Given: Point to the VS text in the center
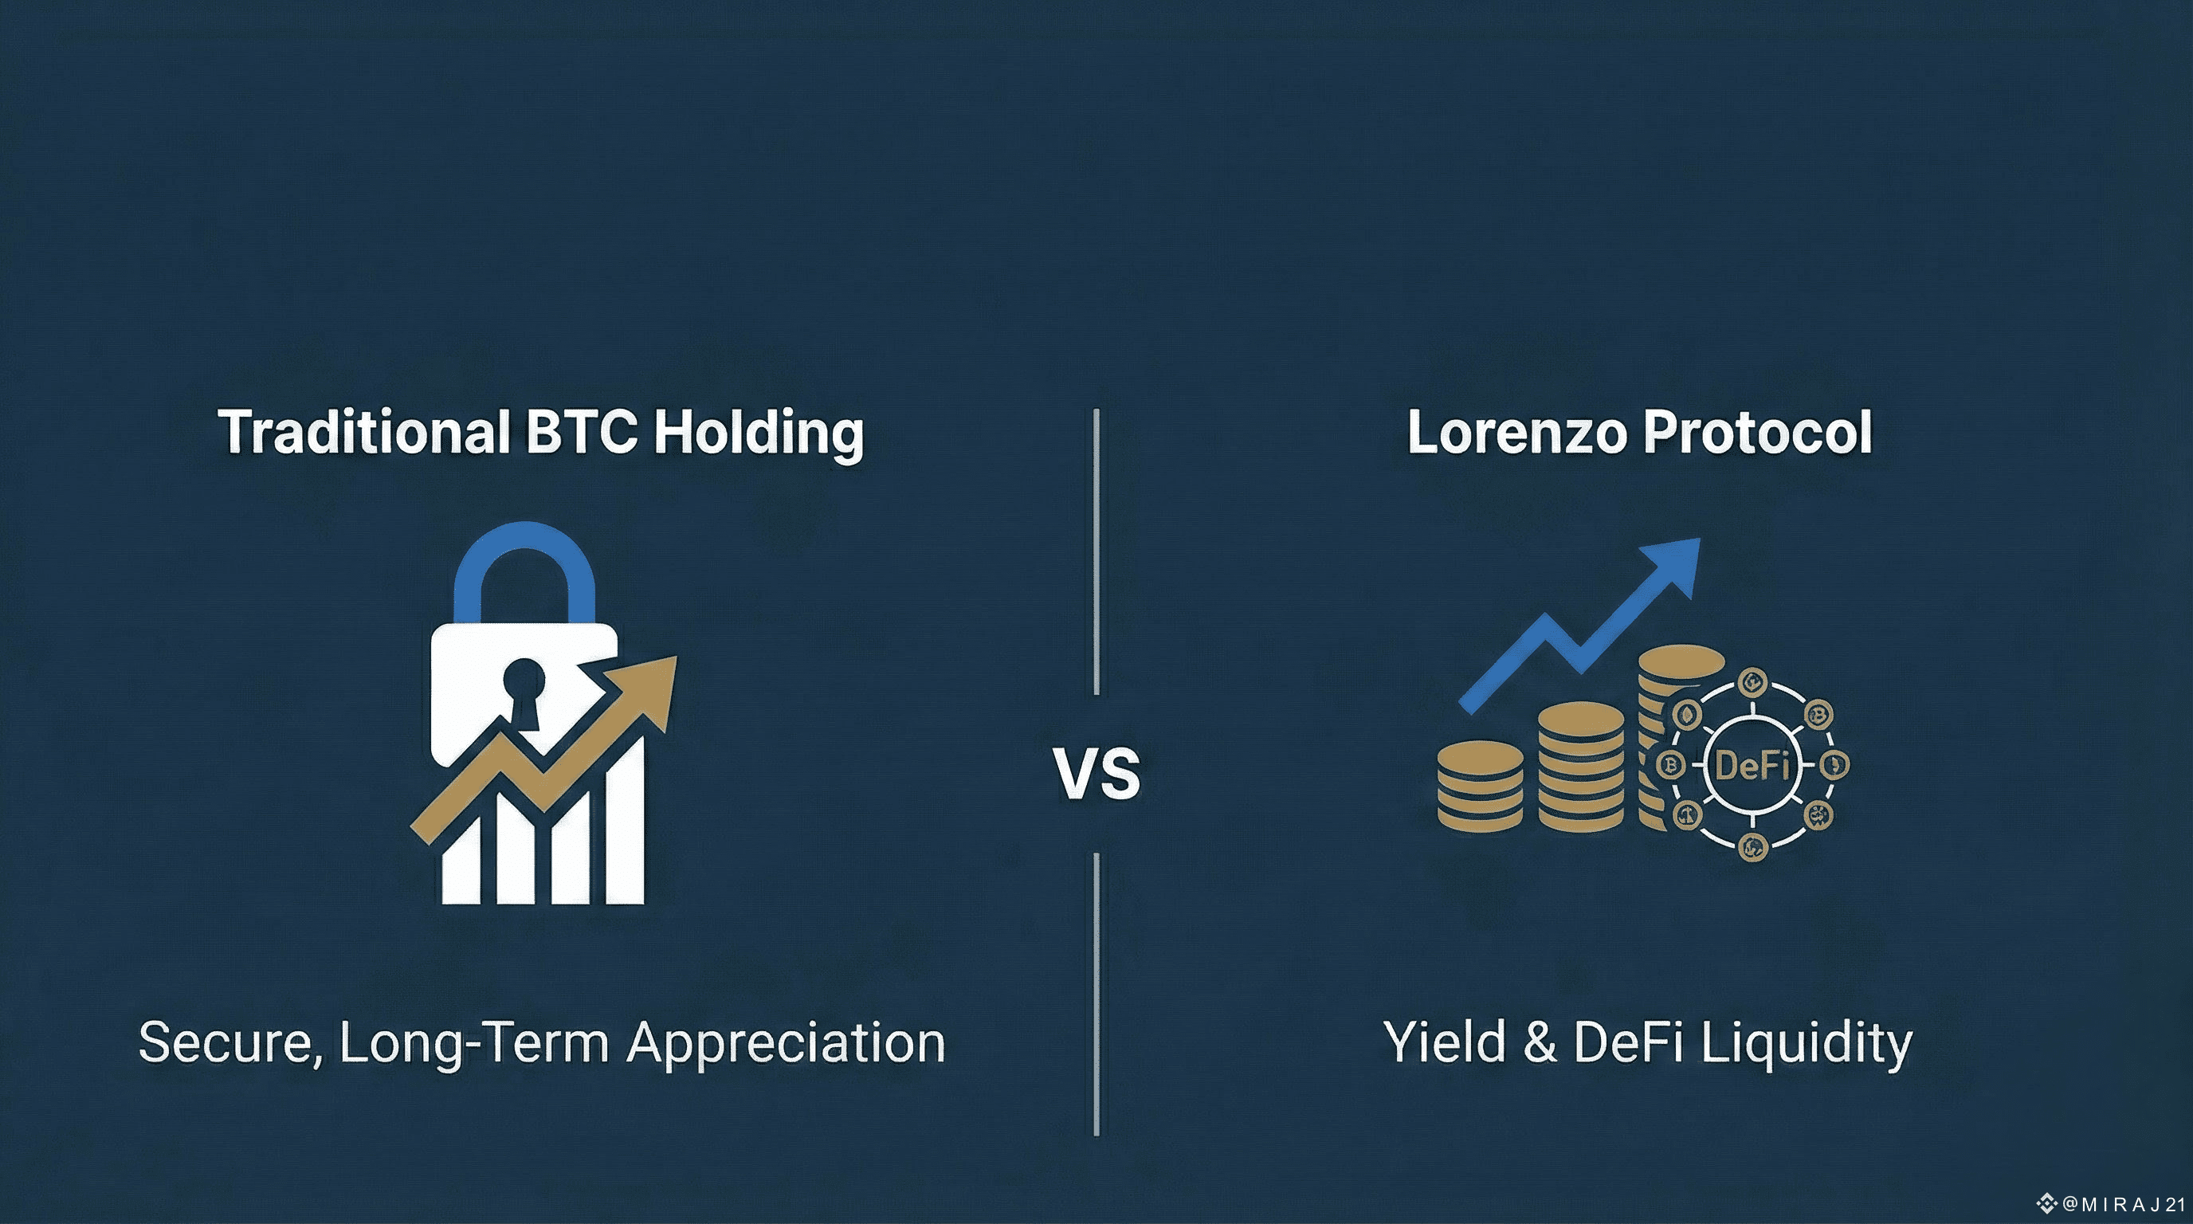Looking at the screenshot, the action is coord(1096,774).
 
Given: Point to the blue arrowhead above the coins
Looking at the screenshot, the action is coord(1669,569).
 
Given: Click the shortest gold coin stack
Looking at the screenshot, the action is coord(1481,786).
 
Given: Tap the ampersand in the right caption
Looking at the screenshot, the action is coord(1540,1042).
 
